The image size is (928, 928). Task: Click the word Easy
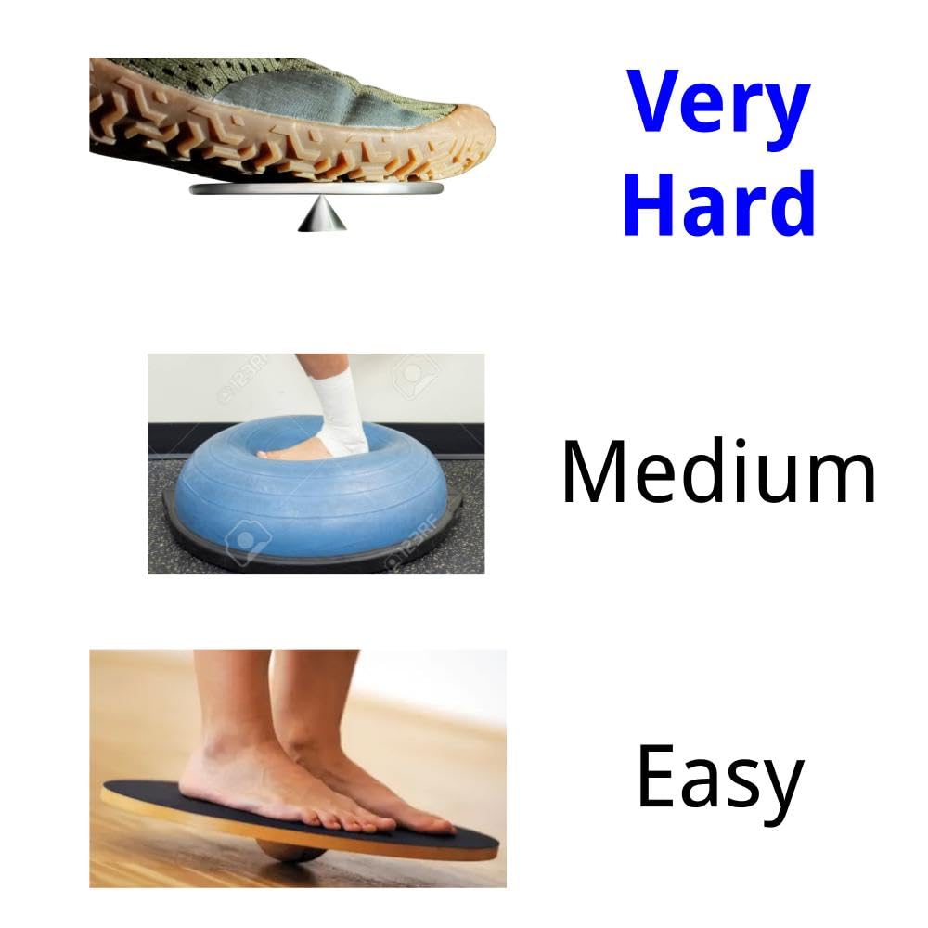[718, 778]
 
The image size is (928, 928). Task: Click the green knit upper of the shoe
[232, 74]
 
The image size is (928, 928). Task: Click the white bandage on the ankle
[339, 408]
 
